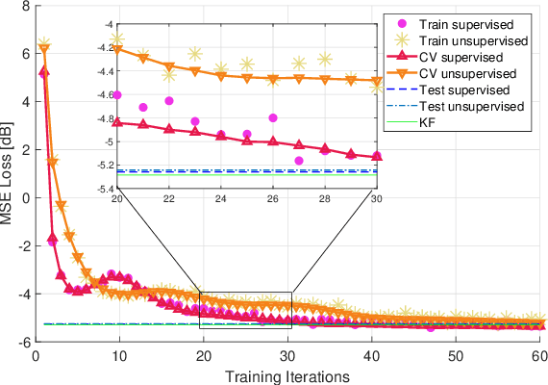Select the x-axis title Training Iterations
pos(289,376)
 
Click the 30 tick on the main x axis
pos(288,353)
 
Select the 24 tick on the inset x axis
pos(221,197)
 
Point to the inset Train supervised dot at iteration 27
pos(299,160)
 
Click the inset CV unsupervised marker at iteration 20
pos(117,48)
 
